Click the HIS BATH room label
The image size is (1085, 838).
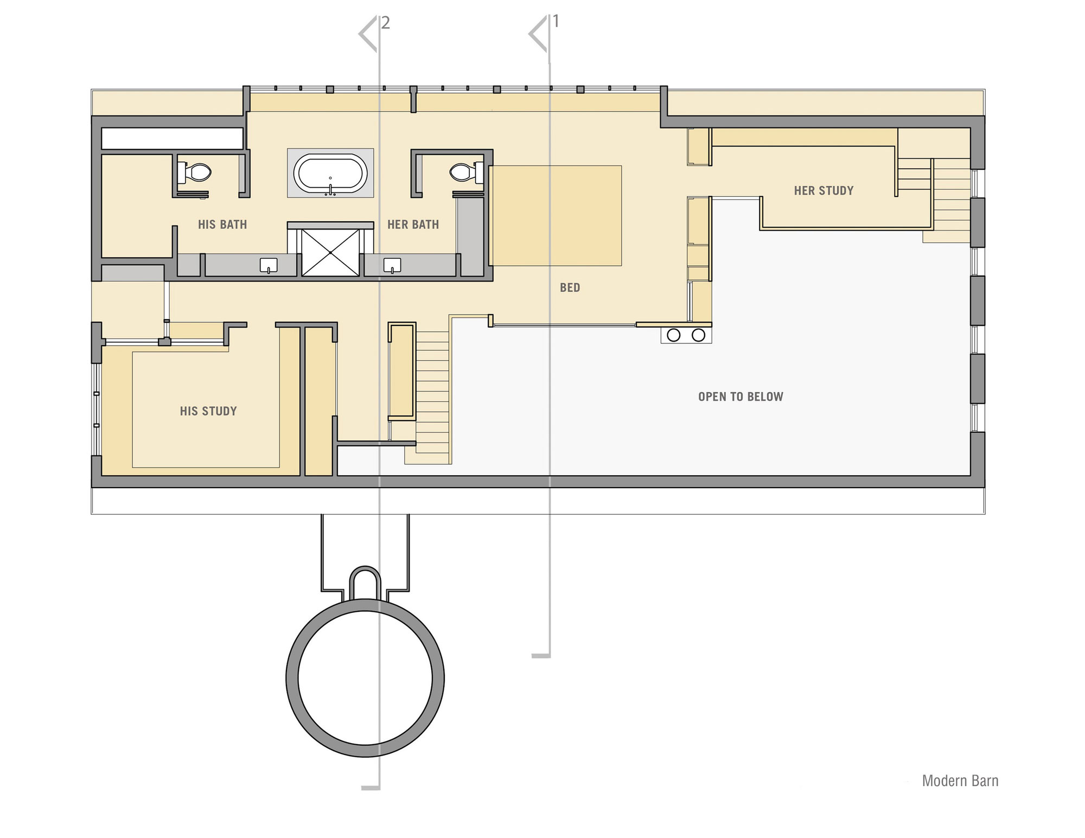(x=222, y=225)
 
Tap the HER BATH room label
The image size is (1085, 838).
(x=413, y=225)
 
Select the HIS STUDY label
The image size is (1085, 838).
(x=208, y=411)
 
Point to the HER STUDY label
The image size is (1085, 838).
(x=824, y=190)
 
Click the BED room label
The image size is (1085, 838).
(x=570, y=287)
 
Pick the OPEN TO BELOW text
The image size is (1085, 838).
(x=741, y=396)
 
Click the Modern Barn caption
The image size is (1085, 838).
(x=960, y=781)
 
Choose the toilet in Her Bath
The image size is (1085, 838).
(x=466, y=172)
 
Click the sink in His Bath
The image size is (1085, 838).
(x=269, y=265)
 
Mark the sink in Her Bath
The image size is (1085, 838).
(x=392, y=265)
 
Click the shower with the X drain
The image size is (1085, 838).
(x=330, y=253)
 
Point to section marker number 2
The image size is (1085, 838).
(x=386, y=23)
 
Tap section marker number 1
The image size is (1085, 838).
(x=556, y=21)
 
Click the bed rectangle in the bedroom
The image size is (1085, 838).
(x=556, y=216)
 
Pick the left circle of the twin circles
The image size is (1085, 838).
(x=674, y=335)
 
